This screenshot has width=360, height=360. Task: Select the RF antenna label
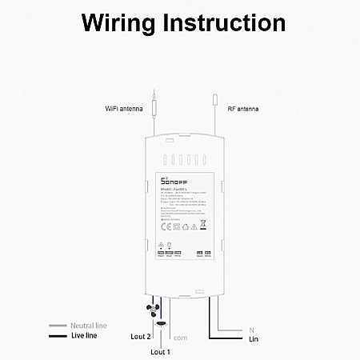[x=242, y=108]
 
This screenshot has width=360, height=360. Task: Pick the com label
[x=181, y=337]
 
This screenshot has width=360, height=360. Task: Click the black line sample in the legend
[x=57, y=336]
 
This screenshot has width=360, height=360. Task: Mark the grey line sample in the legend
[x=57, y=326]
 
